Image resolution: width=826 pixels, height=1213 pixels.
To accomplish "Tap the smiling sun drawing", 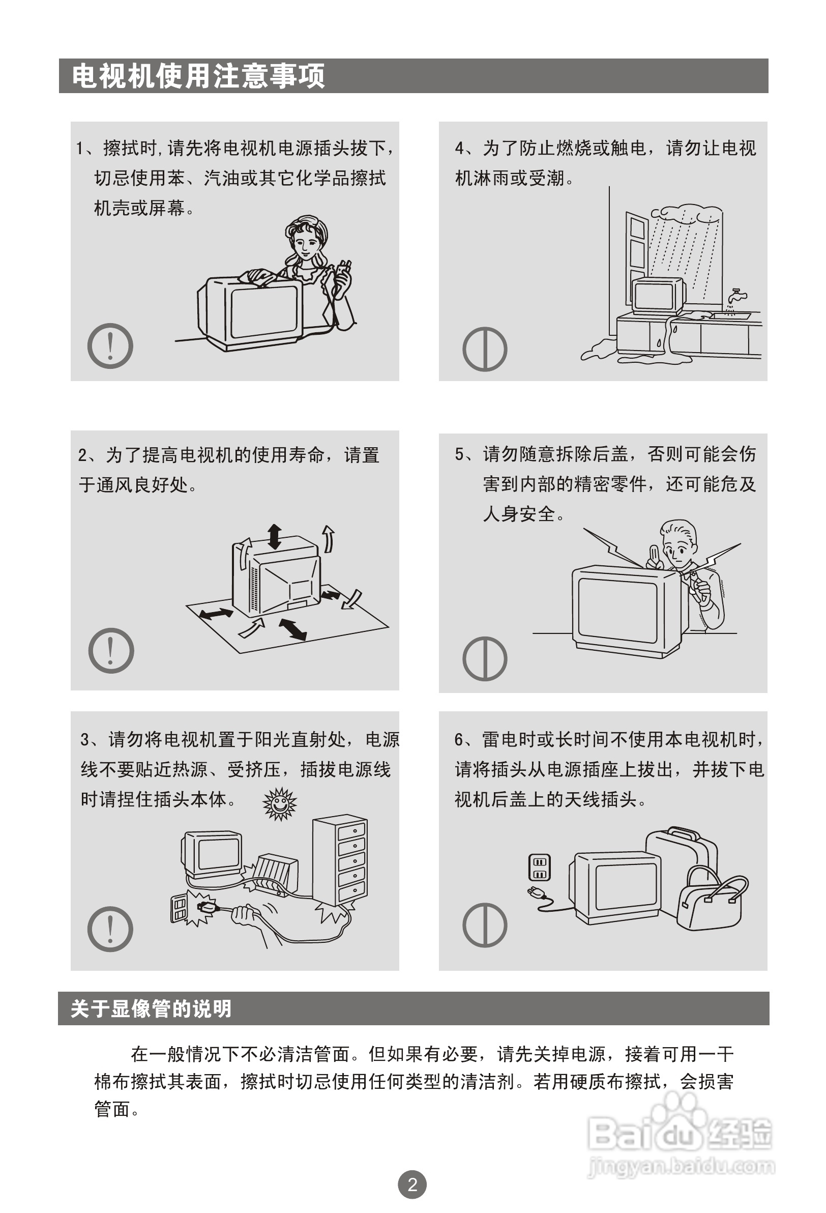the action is coord(280,804).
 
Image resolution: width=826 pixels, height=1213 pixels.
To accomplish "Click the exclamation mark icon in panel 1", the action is coord(110,346).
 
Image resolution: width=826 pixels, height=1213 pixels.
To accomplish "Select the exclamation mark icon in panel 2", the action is coord(111,650).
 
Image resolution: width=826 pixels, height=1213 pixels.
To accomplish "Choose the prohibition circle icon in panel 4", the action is coord(485,349).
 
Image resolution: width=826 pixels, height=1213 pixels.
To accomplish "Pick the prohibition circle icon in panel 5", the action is coord(485,659).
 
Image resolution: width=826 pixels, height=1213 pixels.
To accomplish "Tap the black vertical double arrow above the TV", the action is coord(275,537).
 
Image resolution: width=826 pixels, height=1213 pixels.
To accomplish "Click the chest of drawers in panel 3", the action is coord(340,862).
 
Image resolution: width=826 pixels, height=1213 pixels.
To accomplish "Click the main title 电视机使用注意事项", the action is coord(198,76).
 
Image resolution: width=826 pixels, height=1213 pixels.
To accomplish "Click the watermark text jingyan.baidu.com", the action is coord(681,1167).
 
